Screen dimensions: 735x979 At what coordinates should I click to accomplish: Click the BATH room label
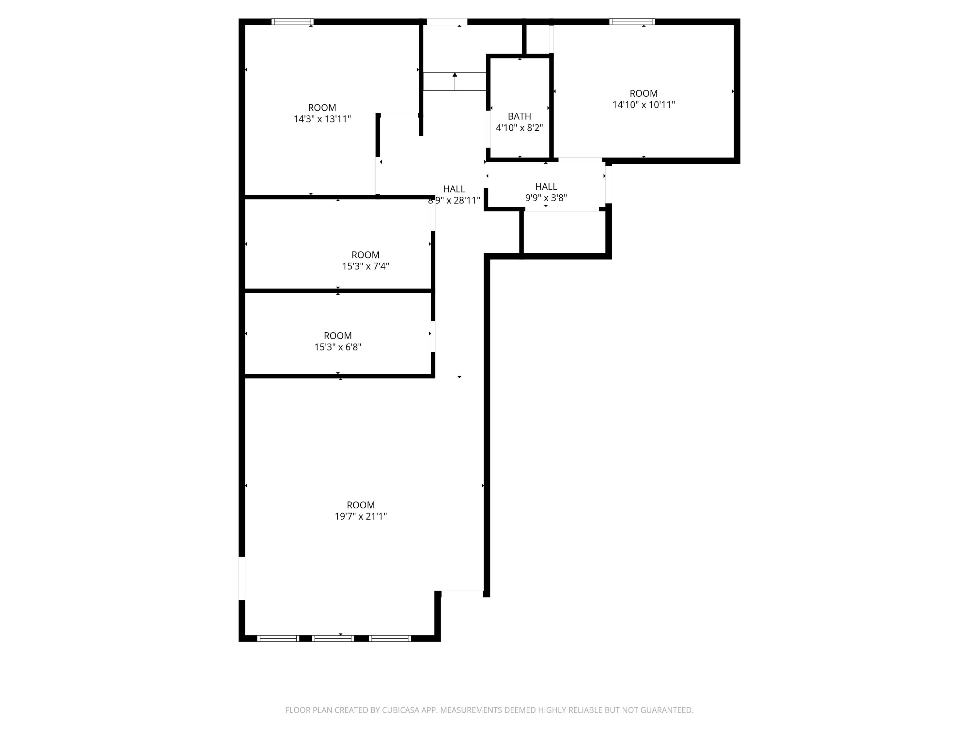(519, 116)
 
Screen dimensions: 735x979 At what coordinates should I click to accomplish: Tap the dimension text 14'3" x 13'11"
(322, 119)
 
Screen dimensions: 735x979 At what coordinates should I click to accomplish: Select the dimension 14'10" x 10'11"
(643, 105)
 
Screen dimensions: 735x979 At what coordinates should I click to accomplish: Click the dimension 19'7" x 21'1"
(360, 516)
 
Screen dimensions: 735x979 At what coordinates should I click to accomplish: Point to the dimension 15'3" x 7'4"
(365, 266)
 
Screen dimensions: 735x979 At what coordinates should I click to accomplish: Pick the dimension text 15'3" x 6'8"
(338, 347)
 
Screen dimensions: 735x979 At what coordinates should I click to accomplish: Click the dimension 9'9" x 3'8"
(546, 198)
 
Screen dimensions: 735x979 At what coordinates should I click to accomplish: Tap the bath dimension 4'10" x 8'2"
(519, 128)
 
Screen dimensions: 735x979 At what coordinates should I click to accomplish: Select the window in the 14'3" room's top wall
(292, 22)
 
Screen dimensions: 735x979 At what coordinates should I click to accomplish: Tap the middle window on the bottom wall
(333, 638)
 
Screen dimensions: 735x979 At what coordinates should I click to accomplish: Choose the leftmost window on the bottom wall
(278, 638)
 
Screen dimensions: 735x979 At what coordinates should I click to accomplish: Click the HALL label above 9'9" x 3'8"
(546, 187)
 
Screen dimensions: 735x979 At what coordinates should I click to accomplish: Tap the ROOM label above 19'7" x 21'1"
(360, 505)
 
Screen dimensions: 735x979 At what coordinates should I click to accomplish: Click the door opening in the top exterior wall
(446, 22)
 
